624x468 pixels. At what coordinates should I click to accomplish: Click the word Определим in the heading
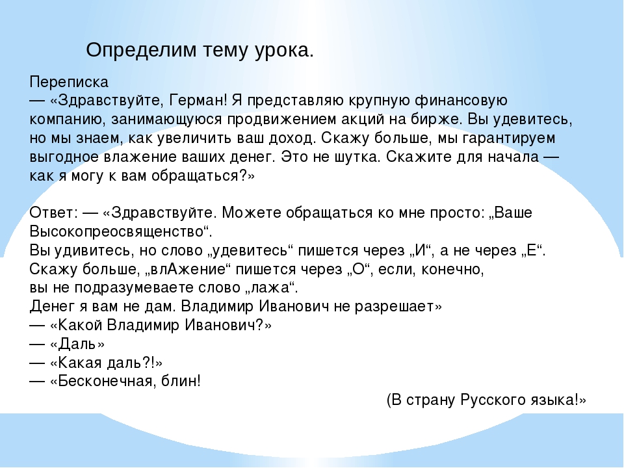[141, 51]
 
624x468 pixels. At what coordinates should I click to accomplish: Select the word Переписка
[69, 83]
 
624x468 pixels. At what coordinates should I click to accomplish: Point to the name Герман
[196, 100]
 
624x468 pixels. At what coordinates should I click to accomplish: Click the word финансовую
[461, 100]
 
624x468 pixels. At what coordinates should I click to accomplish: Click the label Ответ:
[54, 213]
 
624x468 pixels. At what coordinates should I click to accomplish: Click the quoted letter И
[421, 250]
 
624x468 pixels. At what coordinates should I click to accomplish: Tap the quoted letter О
[359, 269]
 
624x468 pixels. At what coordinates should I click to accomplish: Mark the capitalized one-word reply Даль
[77, 344]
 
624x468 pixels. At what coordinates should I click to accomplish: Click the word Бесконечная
[105, 382]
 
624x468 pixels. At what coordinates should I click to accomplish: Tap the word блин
[179, 382]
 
